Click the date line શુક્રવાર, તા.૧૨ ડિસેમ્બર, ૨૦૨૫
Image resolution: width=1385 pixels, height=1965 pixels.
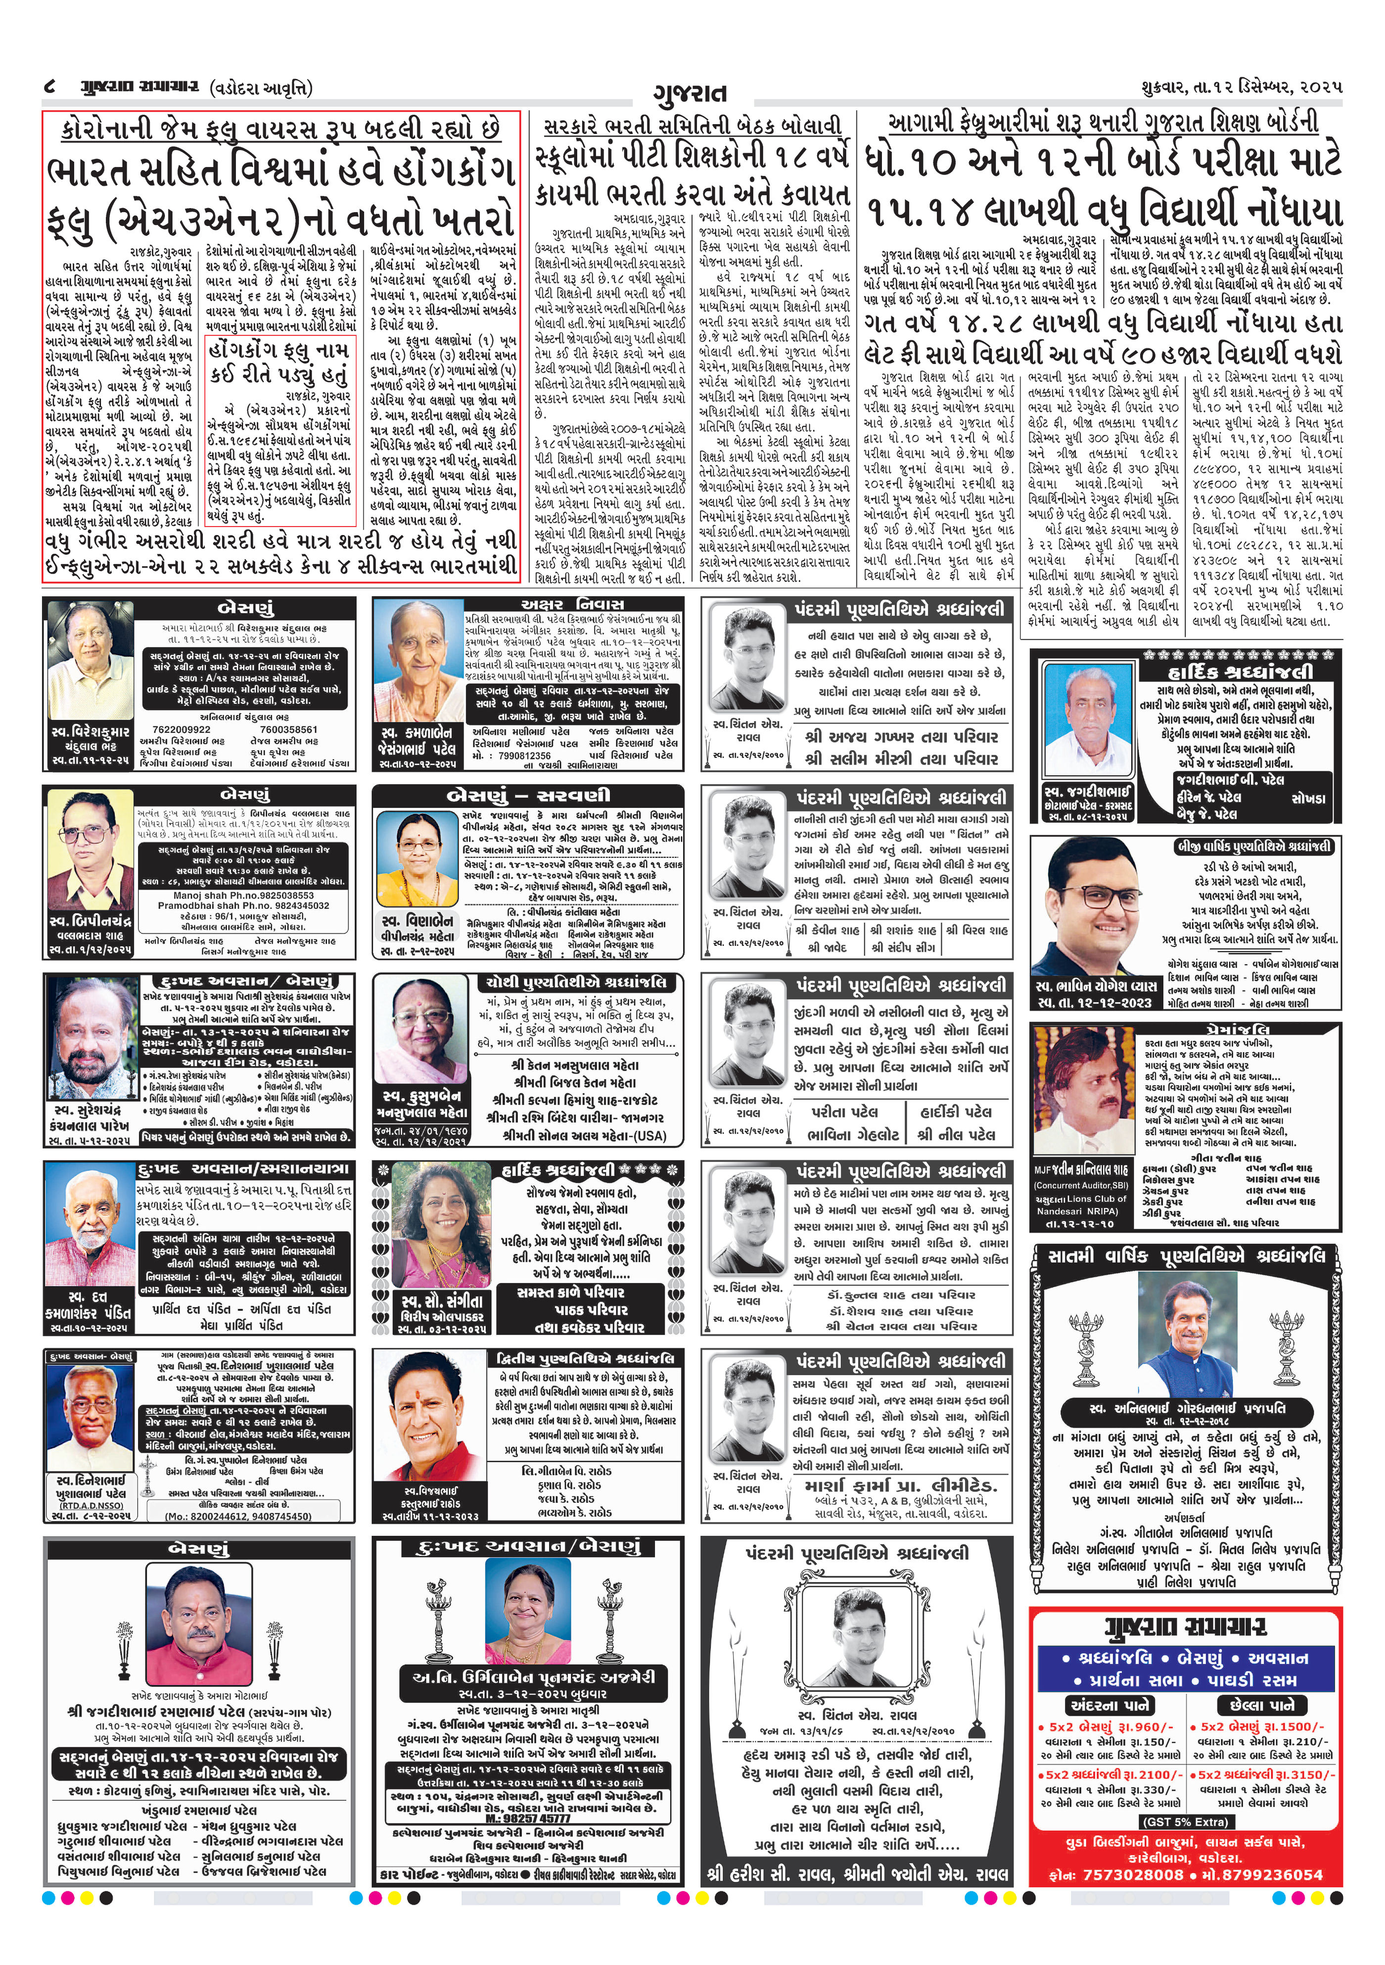point(1241,88)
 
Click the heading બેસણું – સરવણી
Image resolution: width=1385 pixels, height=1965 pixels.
point(529,797)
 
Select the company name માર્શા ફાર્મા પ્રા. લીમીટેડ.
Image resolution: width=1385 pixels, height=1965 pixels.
point(901,1486)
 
